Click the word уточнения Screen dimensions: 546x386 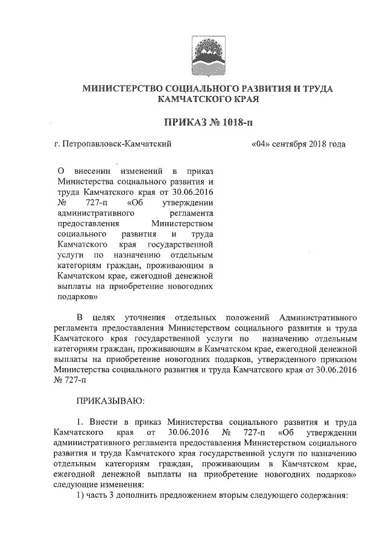point(145,317)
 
